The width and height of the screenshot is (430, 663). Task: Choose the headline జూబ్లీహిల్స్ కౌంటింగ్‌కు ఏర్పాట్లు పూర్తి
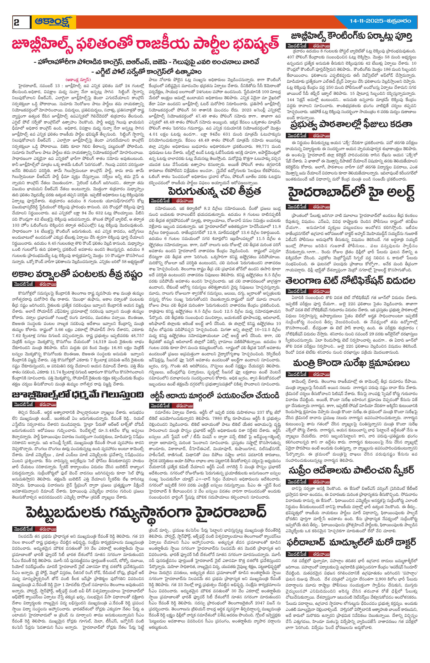[x=352, y=37]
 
